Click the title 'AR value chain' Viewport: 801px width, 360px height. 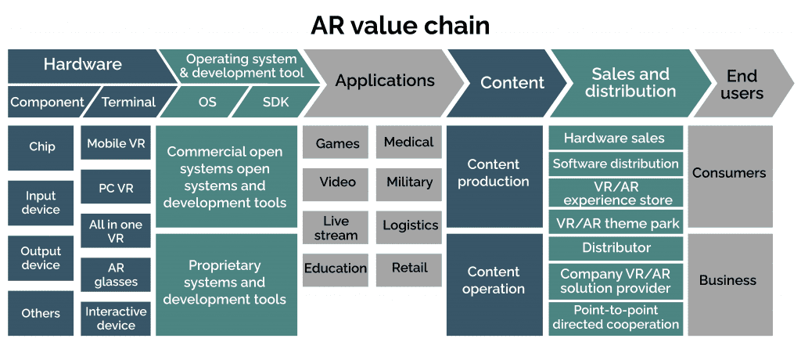(x=400, y=25)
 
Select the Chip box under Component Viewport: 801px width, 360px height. (x=41, y=147)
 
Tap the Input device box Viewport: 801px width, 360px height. (x=41, y=203)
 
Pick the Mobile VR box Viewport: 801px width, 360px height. (x=116, y=144)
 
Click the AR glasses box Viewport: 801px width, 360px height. (x=116, y=275)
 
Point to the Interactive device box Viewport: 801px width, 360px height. (x=116, y=319)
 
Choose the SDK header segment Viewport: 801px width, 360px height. (x=275, y=102)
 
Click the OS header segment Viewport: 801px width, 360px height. (x=207, y=102)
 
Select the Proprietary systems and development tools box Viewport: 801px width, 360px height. (x=225, y=283)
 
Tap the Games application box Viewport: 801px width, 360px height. (x=337, y=143)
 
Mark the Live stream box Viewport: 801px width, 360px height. (x=336, y=228)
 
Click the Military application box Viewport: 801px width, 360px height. (x=409, y=182)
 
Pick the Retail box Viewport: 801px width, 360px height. (x=409, y=268)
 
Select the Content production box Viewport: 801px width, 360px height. (x=494, y=173)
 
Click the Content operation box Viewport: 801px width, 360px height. (x=494, y=280)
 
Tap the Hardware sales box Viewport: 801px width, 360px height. (x=615, y=139)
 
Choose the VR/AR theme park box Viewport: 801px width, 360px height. (x=615, y=223)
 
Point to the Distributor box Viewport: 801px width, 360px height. (x=615, y=248)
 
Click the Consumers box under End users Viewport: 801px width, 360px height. (x=729, y=173)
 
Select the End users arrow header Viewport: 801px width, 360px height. (x=742, y=83)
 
